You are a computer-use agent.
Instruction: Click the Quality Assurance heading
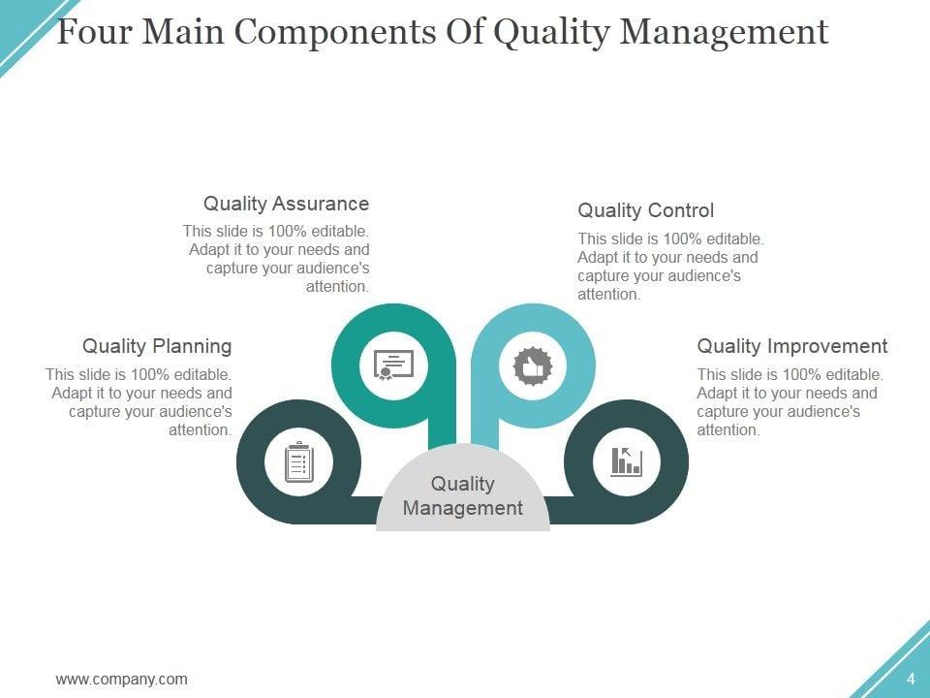tap(286, 204)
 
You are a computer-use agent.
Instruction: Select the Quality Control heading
tap(645, 210)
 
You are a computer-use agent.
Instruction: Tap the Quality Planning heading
tap(157, 346)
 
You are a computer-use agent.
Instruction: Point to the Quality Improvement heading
tap(791, 346)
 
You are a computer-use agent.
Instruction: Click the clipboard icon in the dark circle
tap(298, 461)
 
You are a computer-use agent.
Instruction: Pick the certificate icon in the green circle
tap(393, 365)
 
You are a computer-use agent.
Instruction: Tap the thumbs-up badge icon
tap(532, 365)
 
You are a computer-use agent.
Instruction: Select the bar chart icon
tap(626, 461)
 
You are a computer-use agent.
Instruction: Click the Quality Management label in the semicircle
tap(462, 495)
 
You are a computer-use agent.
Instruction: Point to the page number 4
tap(911, 679)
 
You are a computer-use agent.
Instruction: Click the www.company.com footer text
tap(122, 679)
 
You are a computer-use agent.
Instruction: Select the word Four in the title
tap(95, 32)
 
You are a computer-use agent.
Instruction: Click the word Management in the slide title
tap(724, 32)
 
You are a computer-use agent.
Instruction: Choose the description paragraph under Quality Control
tap(670, 267)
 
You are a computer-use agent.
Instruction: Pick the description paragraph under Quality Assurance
tap(277, 259)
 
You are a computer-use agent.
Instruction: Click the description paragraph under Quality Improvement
tap(789, 402)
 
